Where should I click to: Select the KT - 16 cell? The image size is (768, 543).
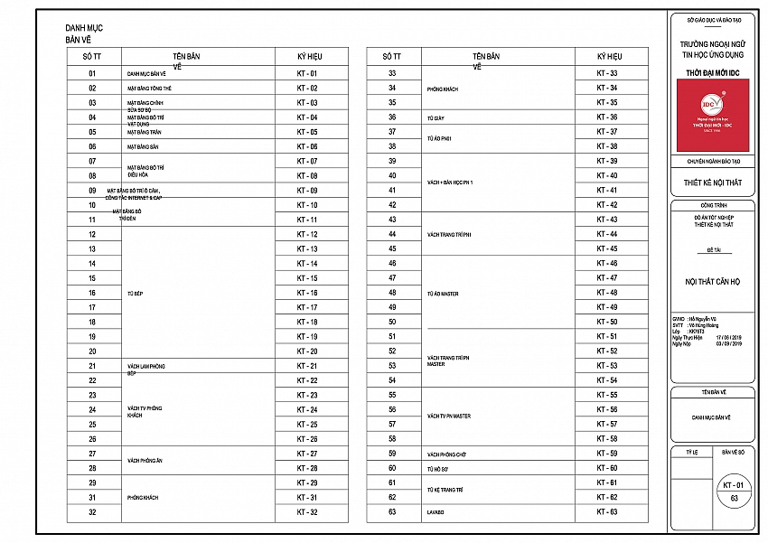tap(307, 293)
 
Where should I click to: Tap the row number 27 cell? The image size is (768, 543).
tap(92, 454)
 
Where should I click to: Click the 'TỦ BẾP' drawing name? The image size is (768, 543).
tap(136, 293)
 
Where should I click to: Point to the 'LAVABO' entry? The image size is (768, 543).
tap(436, 512)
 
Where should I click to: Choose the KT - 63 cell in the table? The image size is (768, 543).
tap(607, 512)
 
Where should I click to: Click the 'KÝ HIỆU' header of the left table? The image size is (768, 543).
tap(309, 56)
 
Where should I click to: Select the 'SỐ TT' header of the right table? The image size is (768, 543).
tap(392, 56)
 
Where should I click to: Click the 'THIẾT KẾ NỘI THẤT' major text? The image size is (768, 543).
tap(712, 183)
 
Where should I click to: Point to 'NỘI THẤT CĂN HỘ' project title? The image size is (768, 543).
tap(712, 282)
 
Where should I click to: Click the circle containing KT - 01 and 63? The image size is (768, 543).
tap(734, 491)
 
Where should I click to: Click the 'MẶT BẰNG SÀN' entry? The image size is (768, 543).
tap(143, 146)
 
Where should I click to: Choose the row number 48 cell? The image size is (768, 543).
tap(392, 293)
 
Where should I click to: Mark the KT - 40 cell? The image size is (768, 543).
tap(607, 175)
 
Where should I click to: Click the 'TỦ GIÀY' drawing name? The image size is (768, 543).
tap(436, 117)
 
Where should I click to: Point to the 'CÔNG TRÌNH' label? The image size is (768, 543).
tap(712, 205)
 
